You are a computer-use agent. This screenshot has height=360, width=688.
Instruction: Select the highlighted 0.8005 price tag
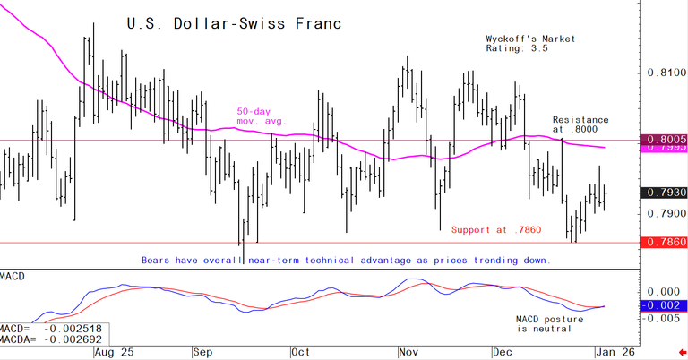pos(665,140)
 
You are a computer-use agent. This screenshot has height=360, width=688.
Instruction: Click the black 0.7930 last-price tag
pos(665,193)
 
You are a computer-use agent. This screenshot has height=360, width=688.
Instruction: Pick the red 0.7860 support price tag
pos(665,243)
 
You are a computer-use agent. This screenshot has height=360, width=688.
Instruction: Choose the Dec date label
pos(503,352)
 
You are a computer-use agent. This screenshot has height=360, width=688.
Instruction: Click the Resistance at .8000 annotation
pos(580,124)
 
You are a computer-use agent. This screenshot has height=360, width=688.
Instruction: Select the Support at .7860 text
pos(496,230)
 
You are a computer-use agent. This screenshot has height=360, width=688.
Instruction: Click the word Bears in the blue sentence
pos(156,260)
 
